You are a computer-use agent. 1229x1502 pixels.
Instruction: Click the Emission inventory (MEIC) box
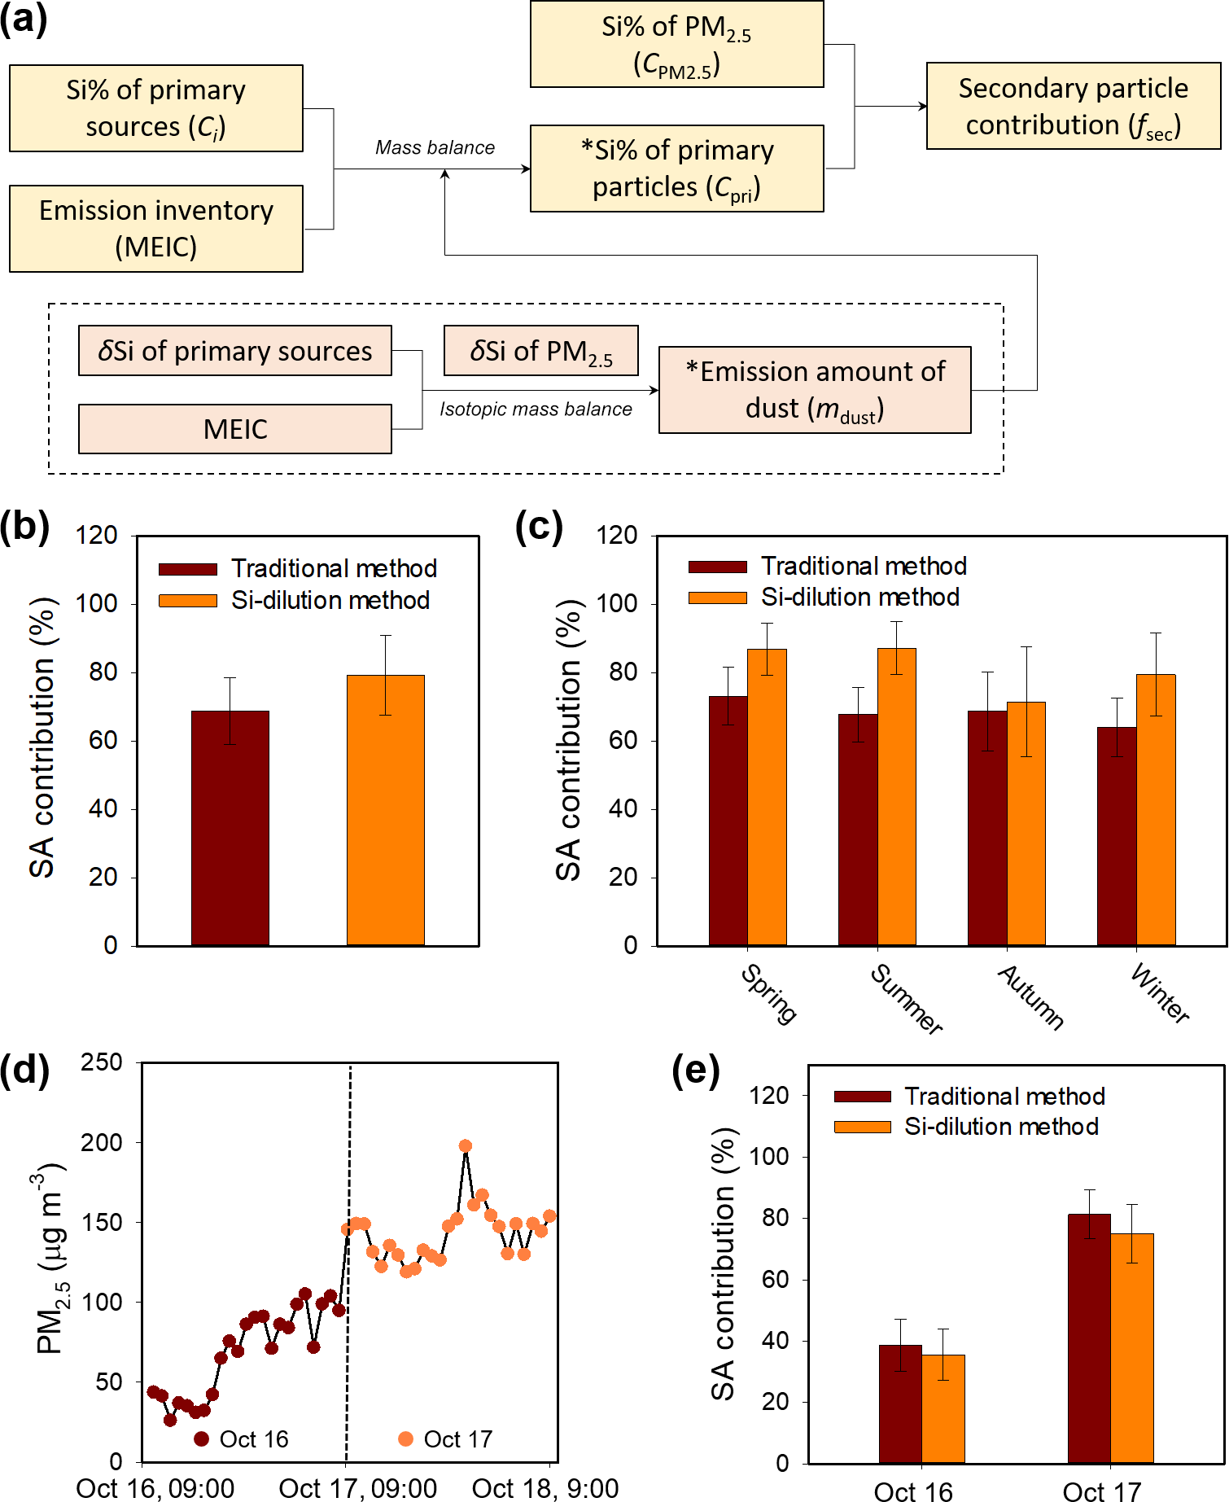(156, 228)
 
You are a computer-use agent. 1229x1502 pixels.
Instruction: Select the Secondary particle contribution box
(1073, 106)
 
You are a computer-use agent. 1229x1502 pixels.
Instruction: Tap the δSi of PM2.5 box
(541, 351)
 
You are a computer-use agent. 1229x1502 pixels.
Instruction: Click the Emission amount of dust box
(815, 390)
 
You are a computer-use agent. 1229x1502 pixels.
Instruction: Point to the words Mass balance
(435, 147)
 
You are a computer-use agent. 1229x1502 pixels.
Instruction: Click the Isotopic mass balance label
(536, 409)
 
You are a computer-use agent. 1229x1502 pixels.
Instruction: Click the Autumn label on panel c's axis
(1031, 998)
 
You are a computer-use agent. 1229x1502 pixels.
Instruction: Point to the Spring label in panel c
(769, 994)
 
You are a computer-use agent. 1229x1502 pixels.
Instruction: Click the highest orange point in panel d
(466, 1145)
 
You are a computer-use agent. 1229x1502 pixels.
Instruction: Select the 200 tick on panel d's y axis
(102, 1142)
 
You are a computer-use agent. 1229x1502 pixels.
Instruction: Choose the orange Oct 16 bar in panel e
(943, 1408)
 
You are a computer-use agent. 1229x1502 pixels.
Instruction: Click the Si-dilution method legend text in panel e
(1001, 1127)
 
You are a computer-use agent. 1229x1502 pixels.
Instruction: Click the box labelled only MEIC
(234, 429)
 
